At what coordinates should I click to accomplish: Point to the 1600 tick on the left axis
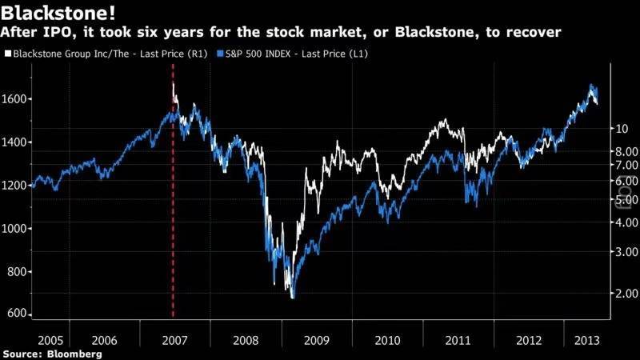click(x=15, y=99)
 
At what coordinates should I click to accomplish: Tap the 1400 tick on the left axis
click(x=15, y=142)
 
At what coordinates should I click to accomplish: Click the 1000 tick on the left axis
click(x=15, y=228)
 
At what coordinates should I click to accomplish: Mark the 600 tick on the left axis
click(x=15, y=314)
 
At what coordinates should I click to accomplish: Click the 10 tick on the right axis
click(x=621, y=128)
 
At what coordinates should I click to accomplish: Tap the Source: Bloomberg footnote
click(x=52, y=353)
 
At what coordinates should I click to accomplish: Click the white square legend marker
click(x=8, y=54)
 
